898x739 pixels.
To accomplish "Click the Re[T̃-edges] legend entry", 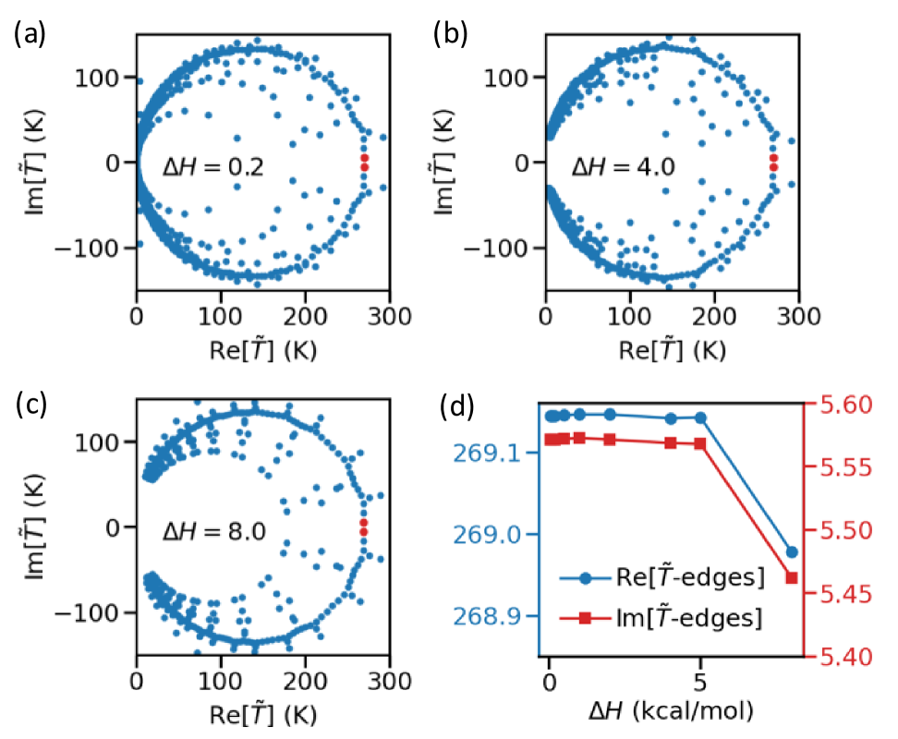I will [687, 578].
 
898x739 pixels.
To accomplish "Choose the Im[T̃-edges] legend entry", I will [687, 618].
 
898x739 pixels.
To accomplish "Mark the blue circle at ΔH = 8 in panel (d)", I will [792, 552].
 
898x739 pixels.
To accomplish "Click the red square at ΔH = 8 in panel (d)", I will [792, 578].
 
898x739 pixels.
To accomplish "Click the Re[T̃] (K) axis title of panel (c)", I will [262, 713].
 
